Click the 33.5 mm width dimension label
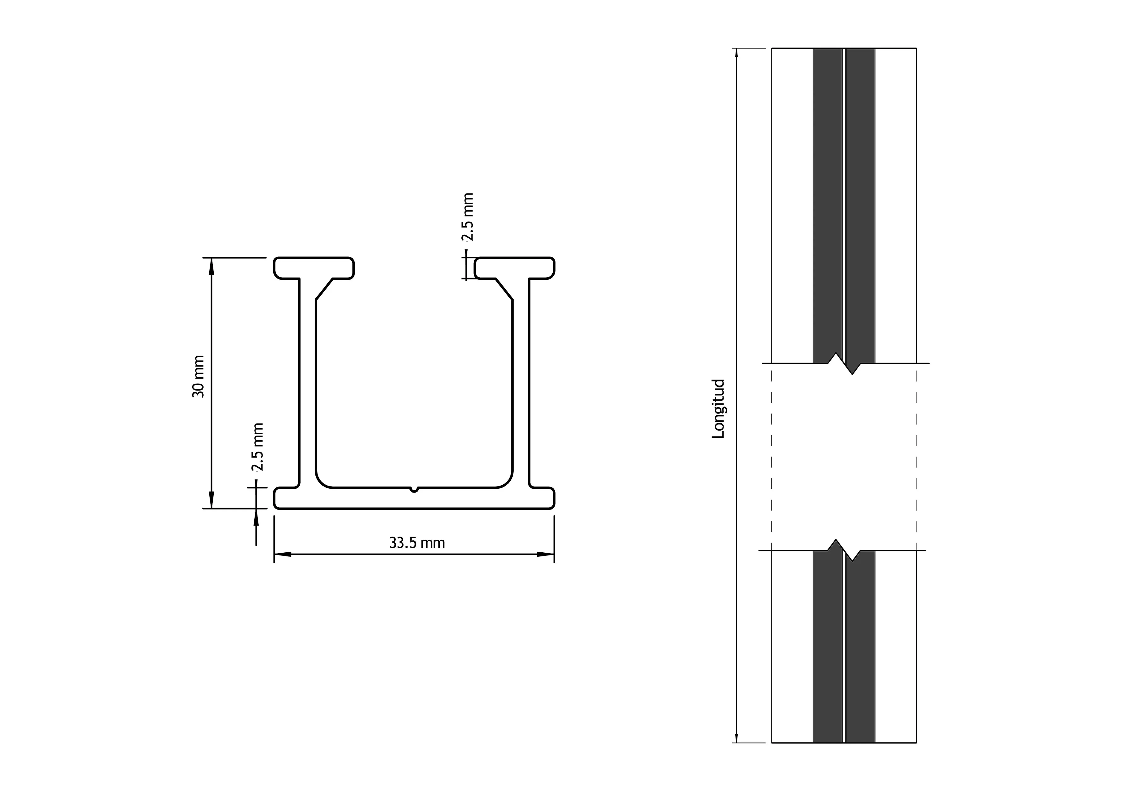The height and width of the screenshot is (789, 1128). coord(417,543)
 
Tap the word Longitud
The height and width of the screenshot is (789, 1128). coord(718,409)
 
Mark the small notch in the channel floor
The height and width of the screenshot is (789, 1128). coord(414,489)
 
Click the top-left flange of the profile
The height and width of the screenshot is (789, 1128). coord(314,268)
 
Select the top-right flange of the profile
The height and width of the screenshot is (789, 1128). coord(514,268)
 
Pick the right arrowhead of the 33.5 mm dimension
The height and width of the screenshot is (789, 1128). coord(545,554)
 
